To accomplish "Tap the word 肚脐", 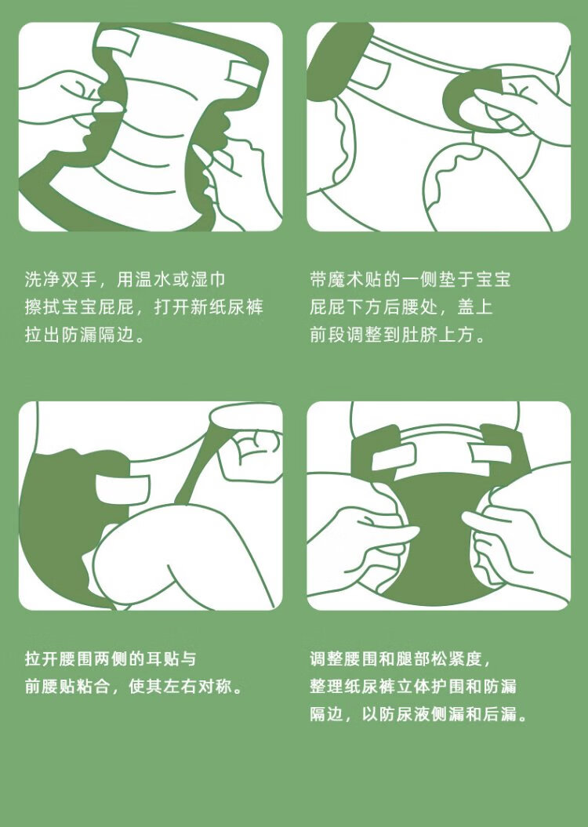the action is point(419,335).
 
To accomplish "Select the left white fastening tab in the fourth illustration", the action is point(394,457).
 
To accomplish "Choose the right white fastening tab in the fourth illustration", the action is point(491,453).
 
